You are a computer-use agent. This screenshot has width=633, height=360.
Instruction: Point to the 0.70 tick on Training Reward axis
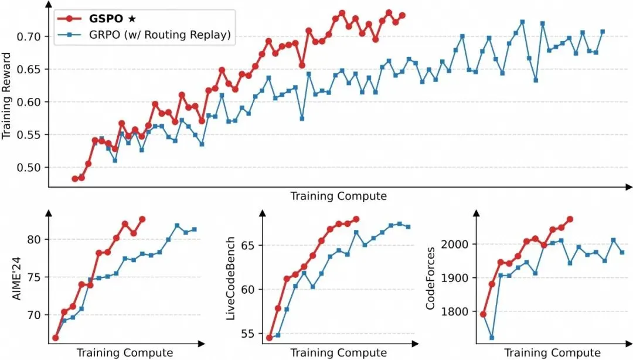(28, 36)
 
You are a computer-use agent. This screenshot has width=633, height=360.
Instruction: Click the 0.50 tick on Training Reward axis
(28, 168)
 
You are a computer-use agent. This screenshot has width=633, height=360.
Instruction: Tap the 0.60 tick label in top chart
(28, 102)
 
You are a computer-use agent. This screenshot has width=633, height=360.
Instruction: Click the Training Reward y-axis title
(7, 102)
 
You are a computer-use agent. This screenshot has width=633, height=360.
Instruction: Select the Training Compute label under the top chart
(338, 196)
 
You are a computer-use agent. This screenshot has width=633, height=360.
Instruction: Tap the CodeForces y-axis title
(431, 277)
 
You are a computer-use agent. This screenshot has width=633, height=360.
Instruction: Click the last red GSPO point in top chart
(402, 15)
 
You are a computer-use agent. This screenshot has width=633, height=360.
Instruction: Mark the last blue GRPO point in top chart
(603, 32)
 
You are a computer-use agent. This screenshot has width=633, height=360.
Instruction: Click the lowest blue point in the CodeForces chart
(492, 338)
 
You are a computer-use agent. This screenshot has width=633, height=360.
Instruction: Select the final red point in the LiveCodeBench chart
(356, 219)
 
